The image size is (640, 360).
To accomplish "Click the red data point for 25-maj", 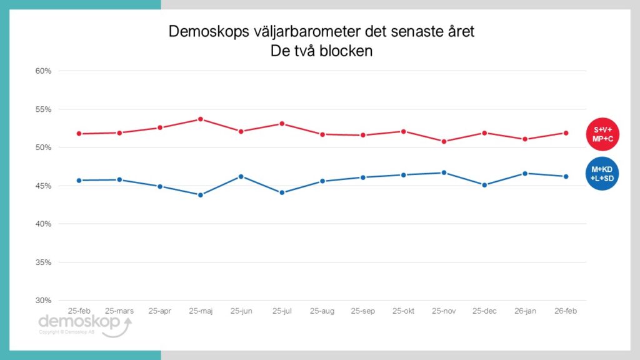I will pos(201,119).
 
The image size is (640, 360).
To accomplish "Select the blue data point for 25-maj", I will pos(201,195).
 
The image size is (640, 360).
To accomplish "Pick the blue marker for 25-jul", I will pos(282,192).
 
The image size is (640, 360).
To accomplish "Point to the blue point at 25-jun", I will pos(241,176).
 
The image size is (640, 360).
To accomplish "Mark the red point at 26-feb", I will pos(566,132).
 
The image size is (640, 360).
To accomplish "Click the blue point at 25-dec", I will pos(485,185).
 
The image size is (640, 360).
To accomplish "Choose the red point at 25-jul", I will pos(282,124).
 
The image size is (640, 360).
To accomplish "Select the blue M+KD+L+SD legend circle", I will pos(602,174).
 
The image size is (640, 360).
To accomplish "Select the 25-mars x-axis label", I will pos(119,310).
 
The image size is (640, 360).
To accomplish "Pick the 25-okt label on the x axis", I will pos(404,310).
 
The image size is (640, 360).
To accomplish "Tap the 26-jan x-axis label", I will pos(526,310).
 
